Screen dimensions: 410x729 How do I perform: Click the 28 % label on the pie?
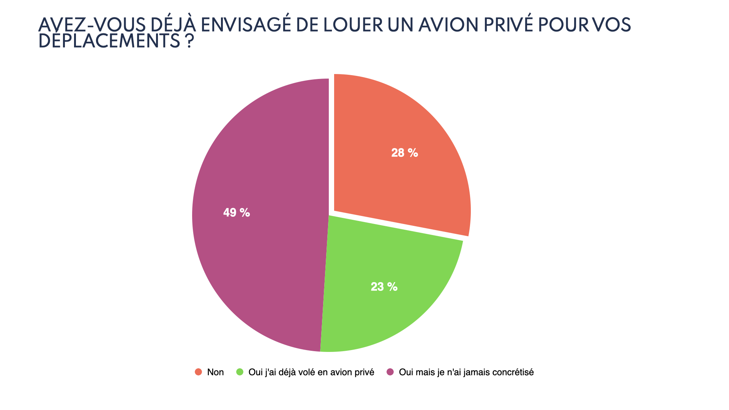pos(404,153)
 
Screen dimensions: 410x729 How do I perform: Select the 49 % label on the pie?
pos(236,213)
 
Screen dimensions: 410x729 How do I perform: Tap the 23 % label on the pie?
pos(384,287)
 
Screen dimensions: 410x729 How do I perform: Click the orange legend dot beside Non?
pos(198,372)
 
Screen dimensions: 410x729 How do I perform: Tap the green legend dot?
pos(240,372)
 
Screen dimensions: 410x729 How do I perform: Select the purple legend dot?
pos(390,372)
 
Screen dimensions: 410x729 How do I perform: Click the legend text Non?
pos(215,372)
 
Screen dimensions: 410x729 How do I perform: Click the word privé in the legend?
pos(364,372)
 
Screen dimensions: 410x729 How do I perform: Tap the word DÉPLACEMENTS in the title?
pos(109,41)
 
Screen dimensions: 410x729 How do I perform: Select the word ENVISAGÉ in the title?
pos(246,25)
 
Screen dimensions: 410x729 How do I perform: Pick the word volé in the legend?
pos(305,372)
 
